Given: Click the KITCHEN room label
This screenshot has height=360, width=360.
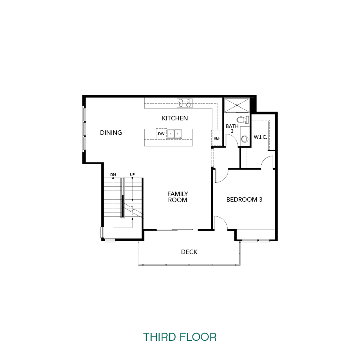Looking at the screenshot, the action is tap(175, 118).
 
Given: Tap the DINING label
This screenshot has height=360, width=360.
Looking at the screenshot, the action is tap(111, 133).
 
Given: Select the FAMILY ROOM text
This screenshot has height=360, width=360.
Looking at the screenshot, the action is tap(178, 197).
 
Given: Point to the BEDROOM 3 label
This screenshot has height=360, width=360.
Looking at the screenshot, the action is tap(244, 200).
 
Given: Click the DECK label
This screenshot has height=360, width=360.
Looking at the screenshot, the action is tap(189, 252).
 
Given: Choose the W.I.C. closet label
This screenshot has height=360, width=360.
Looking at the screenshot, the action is tap(260, 137).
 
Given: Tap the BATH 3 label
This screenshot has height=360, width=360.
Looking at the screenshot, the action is tap(232, 128).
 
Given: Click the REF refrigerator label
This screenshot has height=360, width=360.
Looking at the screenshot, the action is tap(217, 138).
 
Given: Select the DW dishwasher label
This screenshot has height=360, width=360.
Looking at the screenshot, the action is tap(161, 134).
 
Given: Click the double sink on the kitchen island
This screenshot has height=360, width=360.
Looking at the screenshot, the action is tap(174, 134).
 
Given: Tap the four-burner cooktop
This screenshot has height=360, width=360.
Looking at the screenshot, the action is tap(184, 103).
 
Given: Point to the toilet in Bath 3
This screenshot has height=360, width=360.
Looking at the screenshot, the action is tap(243, 120).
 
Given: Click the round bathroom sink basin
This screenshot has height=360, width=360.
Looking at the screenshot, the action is tap(245, 139).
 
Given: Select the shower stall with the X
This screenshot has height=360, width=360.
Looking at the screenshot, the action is tap(237, 105).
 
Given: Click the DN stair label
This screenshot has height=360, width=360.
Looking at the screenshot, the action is tap(113, 175).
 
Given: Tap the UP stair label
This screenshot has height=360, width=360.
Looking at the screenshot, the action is tap(132, 175).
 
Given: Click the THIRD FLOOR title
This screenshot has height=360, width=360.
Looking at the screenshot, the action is tap(180, 337).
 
